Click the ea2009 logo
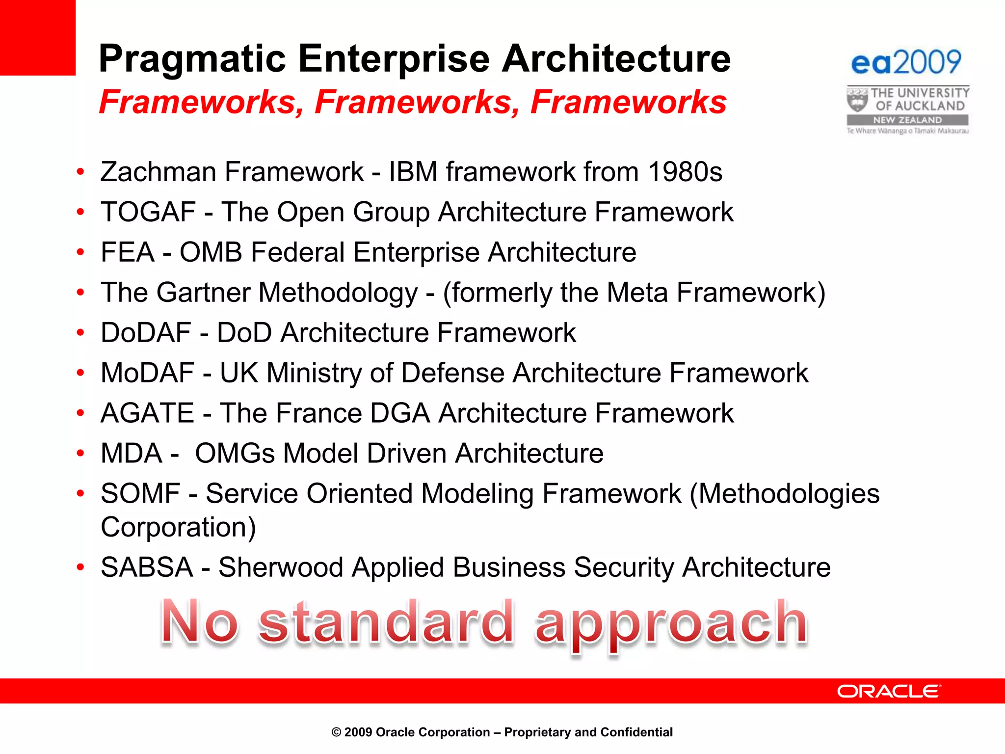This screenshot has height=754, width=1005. click(906, 62)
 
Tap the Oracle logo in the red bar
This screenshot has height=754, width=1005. click(889, 691)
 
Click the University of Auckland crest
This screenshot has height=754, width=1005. click(857, 100)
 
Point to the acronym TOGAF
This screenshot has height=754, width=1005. click(148, 212)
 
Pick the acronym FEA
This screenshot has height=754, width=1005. click(128, 252)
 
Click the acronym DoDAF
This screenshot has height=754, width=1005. click(146, 333)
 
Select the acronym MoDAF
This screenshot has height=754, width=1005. click(147, 373)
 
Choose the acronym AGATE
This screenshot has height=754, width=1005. click(147, 413)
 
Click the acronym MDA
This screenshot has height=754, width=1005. click(131, 454)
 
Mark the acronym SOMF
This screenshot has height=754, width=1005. click(140, 494)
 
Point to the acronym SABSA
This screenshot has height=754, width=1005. click(147, 567)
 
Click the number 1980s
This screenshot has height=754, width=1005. click(685, 172)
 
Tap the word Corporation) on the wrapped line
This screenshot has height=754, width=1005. click(178, 527)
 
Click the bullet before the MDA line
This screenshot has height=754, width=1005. click(80, 454)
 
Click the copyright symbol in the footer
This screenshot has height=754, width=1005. click(336, 732)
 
